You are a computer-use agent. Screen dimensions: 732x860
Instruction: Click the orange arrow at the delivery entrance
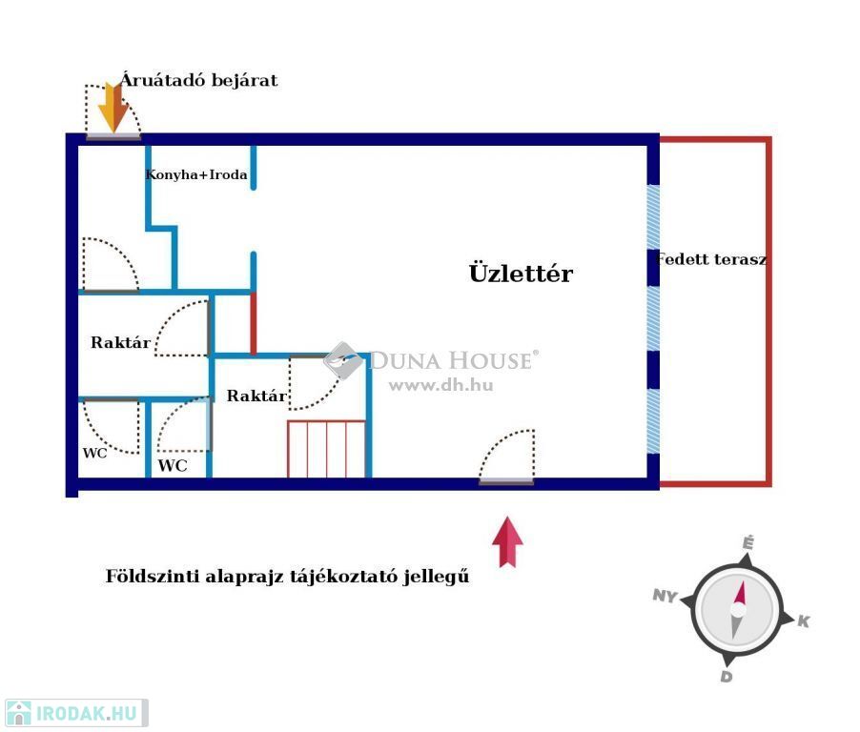(113, 107)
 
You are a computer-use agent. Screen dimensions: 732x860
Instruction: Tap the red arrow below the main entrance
(507, 541)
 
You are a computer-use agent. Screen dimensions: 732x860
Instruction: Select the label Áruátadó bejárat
(199, 81)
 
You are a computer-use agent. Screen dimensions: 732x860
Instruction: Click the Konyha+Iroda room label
(196, 175)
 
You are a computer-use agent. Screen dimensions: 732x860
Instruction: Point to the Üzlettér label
(521, 274)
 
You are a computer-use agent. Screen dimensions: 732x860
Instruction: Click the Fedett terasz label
(711, 259)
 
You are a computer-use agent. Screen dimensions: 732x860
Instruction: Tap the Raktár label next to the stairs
(256, 396)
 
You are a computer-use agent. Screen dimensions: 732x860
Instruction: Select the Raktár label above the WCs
(120, 343)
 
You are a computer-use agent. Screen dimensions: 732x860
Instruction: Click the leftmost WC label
(94, 453)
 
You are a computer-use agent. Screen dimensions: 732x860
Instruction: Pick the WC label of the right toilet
(173, 466)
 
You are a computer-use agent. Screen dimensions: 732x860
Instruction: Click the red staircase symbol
(326, 448)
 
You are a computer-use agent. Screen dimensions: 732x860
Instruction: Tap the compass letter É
(748, 543)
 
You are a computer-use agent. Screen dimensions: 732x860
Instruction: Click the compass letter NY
(665, 597)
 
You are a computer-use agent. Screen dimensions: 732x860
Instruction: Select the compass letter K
(804, 621)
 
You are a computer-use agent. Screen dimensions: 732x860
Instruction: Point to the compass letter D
(726, 677)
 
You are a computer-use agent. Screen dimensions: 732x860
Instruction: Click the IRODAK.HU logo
(76, 713)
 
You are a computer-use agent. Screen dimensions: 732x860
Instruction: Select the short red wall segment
(253, 323)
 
